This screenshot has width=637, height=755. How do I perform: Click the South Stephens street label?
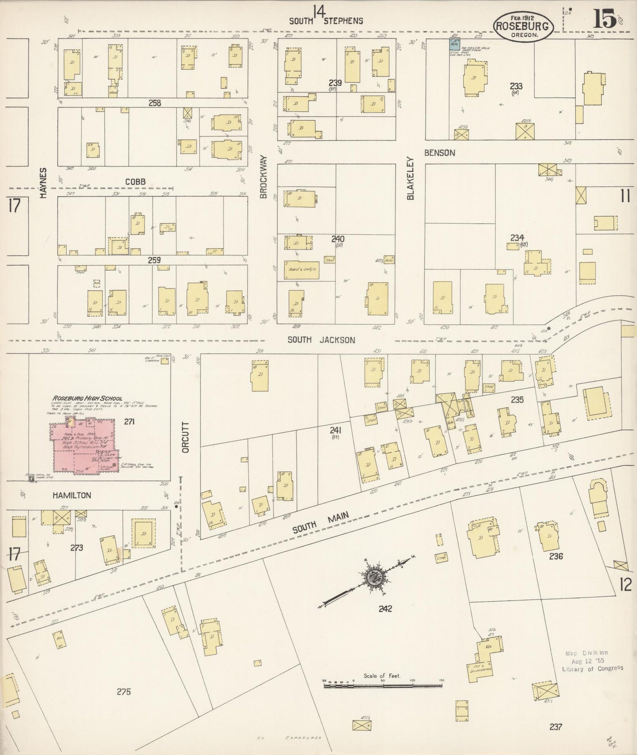[x=326, y=21]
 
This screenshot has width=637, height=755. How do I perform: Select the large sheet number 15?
[x=604, y=19]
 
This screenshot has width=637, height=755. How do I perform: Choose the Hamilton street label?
[x=71, y=495]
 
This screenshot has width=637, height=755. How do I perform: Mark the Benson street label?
[x=440, y=153]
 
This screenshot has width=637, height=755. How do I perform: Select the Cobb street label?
[x=135, y=181]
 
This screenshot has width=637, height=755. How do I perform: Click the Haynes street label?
[x=43, y=182]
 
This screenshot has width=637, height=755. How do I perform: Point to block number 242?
[x=385, y=609]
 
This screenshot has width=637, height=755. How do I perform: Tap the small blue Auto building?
[x=454, y=44]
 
